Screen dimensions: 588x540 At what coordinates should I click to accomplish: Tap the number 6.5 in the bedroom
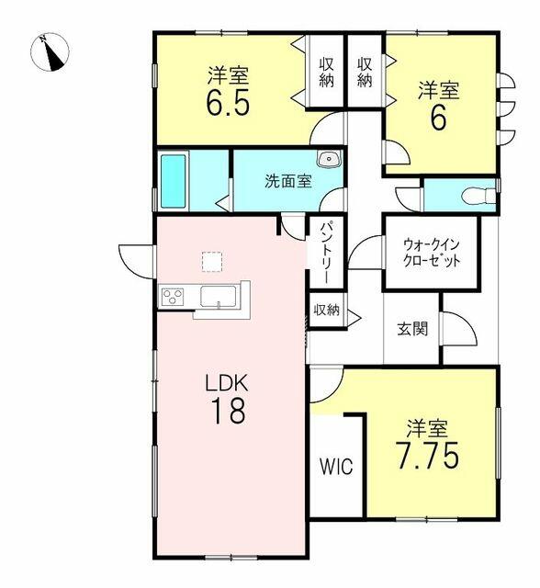point(228,101)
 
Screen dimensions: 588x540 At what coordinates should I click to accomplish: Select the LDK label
point(228,381)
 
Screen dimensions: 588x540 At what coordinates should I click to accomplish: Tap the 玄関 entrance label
point(412,329)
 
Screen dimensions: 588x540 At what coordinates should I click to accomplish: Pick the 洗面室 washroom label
point(288,180)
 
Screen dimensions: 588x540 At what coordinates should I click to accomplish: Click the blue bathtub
point(174,180)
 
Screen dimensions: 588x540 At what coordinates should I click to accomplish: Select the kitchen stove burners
point(174,296)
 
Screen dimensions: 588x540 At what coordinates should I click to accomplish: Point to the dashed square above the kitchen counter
point(212,262)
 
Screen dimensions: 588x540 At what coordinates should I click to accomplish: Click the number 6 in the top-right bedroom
point(438,118)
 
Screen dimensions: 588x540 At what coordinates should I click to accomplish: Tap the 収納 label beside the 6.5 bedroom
point(326,71)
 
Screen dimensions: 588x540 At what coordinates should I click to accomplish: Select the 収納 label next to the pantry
point(326,310)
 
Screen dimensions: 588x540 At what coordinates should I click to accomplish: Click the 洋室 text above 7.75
point(428,428)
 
